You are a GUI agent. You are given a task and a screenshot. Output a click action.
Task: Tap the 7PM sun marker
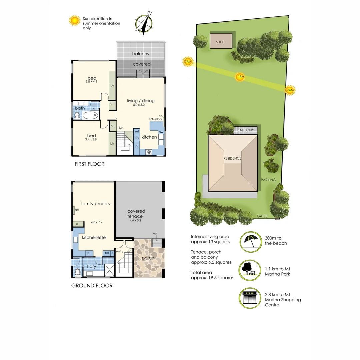(188, 62)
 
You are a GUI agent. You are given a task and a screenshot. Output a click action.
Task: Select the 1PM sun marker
(240, 77)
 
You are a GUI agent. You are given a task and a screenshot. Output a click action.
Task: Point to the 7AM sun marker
(290, 90)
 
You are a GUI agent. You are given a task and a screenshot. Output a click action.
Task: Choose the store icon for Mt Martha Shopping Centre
(250, 299)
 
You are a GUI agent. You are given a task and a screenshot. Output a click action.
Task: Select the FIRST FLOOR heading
(89, 164)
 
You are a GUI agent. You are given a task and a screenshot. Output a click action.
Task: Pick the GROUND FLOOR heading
(92, 286)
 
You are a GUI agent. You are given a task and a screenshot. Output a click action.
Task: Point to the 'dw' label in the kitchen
(161, 132)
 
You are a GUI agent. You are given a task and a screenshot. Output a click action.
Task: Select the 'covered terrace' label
(136, 214)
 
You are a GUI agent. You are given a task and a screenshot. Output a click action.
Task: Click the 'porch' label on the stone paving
(148, 258)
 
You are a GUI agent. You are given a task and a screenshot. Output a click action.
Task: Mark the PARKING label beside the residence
(268, 180)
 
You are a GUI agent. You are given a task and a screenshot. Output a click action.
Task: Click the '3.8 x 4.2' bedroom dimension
(91, 82)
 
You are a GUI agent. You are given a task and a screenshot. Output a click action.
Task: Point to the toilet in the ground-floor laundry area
(77, 272)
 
